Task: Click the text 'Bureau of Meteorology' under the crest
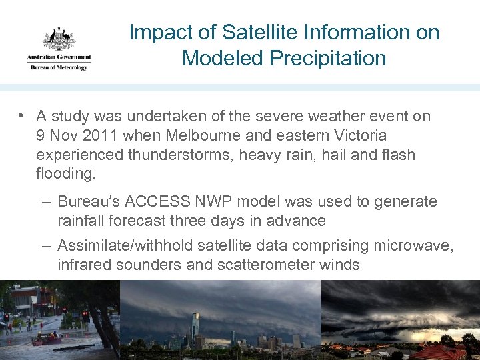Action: tap(59, 67)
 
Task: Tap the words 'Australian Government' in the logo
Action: tap(59, 59)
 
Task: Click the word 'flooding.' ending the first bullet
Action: tap(66, 174)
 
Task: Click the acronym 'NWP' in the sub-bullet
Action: tap(202, 201)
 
